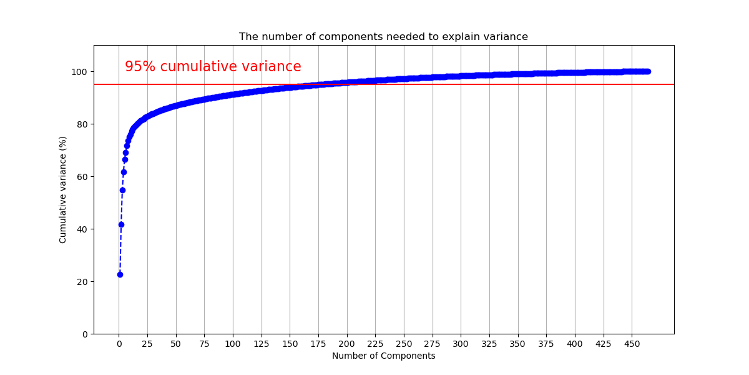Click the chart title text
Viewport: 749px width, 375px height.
pyautogui.click(x=383, y=37)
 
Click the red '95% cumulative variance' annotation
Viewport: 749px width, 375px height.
pyautogui.click(x=213, y=67)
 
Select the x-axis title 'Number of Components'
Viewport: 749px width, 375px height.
pyautogui.click(x=383, y=356)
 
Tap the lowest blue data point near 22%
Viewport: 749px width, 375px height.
pyautogui.click(x=120, y=274)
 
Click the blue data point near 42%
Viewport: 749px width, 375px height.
pyautogui.click(x=121, y=224)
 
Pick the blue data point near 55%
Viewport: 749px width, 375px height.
pyautogui.click(x=122, y=190)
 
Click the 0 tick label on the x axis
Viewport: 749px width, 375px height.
pyautogui.click(x=119, y=344)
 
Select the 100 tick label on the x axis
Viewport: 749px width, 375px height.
pyautogui.click(x=233, y=344)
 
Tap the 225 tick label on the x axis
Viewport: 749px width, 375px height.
pyautogui.click(x=375, y=344)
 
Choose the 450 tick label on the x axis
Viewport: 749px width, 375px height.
pyautogui.click(x=632, y=344)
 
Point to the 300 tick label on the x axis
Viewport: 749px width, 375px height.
pyautogui.click(x=461, y=344)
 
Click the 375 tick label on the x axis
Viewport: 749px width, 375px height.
pyautogui.click(x=546, y=344)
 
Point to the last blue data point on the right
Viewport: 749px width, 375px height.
pyautogui.click(x=647, y=71)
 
